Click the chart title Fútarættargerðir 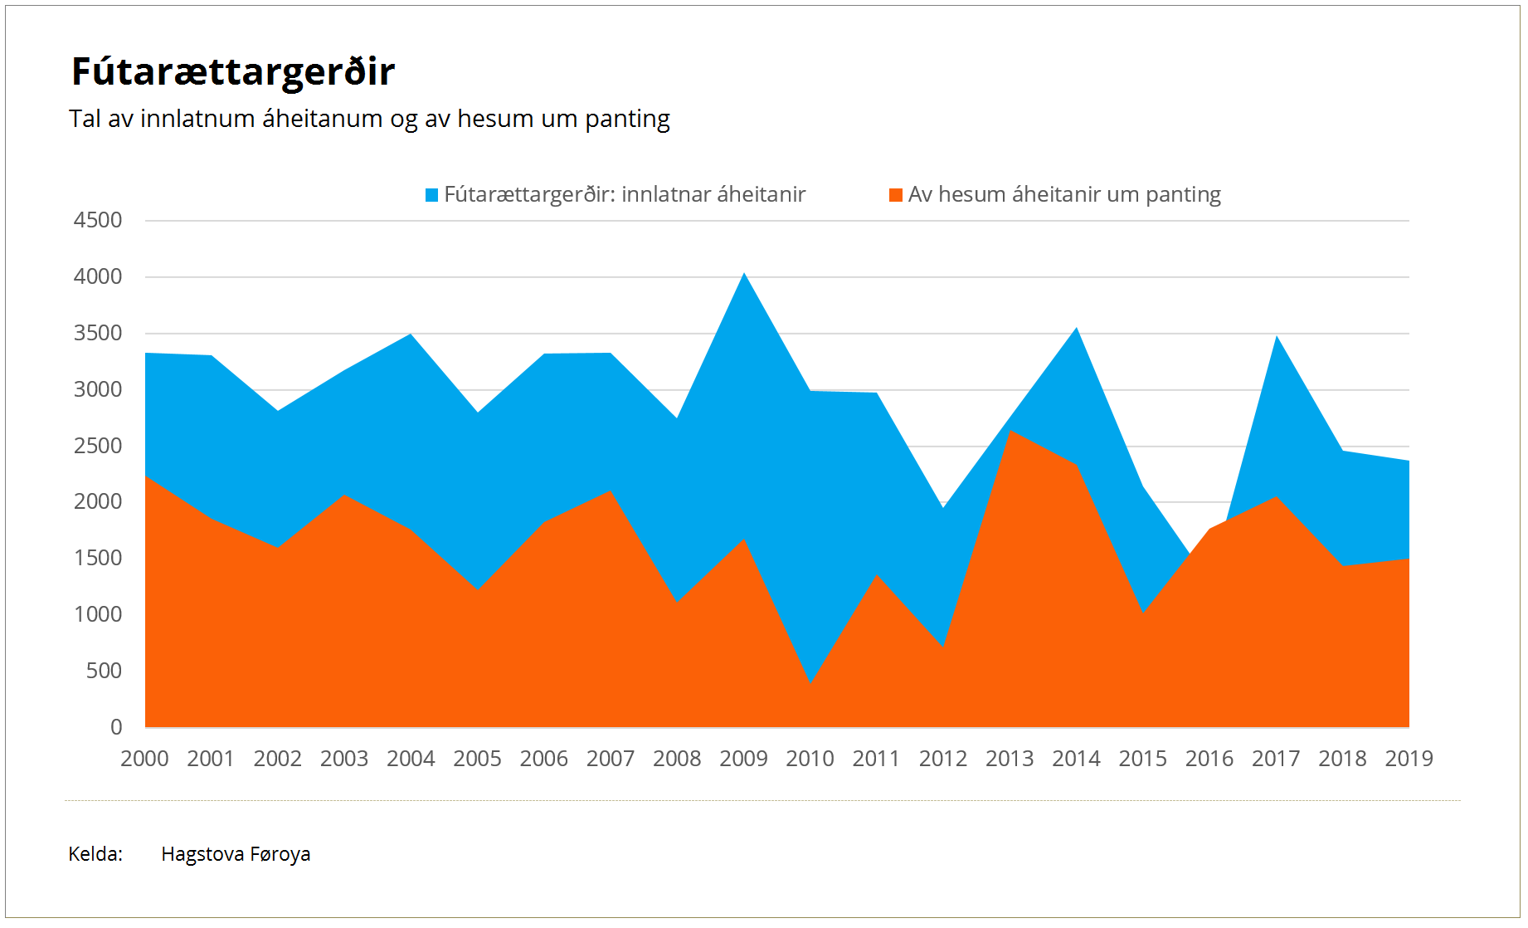[233, 72]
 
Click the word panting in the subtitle [627, 120]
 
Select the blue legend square [431, 195]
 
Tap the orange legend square [895, 195]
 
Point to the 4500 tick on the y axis [98, 221]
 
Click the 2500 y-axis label [98, 447]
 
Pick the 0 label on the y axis [116, 728]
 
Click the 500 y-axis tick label [104, 672]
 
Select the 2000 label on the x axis [144, 759]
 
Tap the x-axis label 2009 [743, 759]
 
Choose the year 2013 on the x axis [1010, 759]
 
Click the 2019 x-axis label [1409, 759]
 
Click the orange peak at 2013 [1010, 431]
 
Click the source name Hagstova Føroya [236, 854]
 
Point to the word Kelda [95, 854]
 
